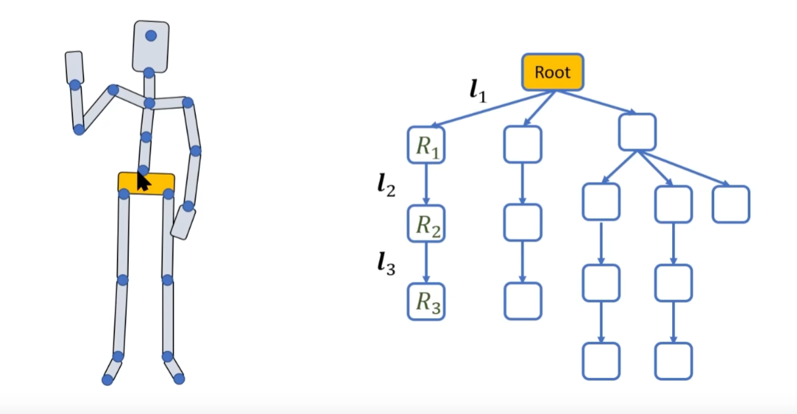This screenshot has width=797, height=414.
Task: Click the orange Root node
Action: click(553, 72)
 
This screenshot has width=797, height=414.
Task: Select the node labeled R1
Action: click(426, 145)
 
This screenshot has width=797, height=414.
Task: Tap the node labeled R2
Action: click(426, 223)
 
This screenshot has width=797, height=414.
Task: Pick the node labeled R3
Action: click(426, 302)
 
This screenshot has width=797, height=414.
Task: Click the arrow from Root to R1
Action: click(487, 108)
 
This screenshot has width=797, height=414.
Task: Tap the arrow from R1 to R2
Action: click(426, 185)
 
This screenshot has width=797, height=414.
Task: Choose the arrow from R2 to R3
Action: click(426, 263)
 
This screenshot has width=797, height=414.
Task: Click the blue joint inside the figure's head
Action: click(151, 35)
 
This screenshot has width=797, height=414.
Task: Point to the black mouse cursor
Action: click(143, 180)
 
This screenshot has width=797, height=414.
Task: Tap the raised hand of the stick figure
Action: click(74, 67)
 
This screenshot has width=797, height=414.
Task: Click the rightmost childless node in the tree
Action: click(731, 204)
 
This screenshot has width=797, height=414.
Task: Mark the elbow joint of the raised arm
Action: click(79, 129)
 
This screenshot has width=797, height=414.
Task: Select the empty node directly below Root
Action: click(523, 145)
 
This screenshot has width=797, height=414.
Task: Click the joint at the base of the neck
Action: click(149, 103)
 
